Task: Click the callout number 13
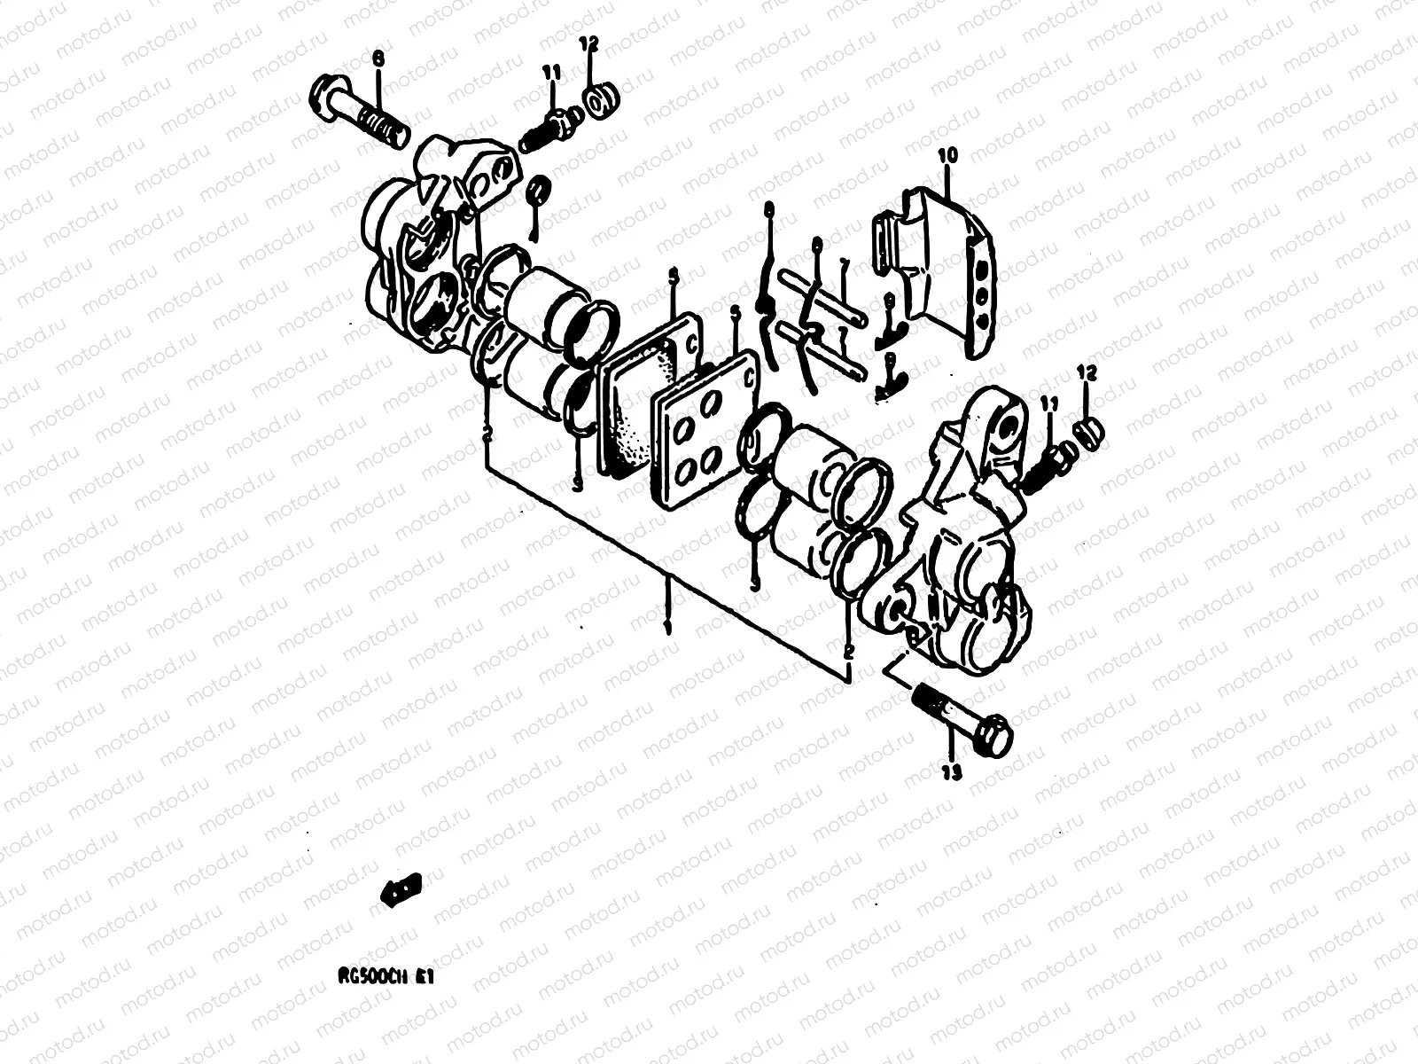coord(951,774)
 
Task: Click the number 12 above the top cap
coord(589,43)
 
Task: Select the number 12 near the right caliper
coord(1088,373)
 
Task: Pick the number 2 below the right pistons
coord(848,651)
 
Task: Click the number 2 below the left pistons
coord(487,433)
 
